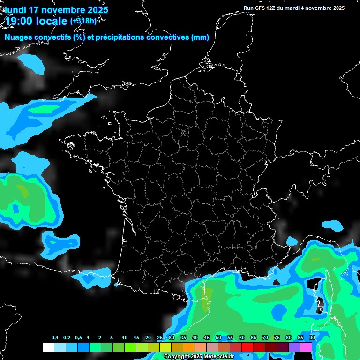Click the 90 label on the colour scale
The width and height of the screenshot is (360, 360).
point(312,337)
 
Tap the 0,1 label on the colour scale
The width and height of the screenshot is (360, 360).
point(55,337)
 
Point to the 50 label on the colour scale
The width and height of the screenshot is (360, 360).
point(218,337)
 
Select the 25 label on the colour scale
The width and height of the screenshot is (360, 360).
point(160,337)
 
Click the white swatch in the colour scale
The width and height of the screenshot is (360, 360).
point(48,347)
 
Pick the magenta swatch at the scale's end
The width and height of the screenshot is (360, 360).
point(306,347)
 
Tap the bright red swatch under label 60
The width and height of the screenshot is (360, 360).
point(247,347)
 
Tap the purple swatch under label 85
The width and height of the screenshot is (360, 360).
point(294,347)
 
